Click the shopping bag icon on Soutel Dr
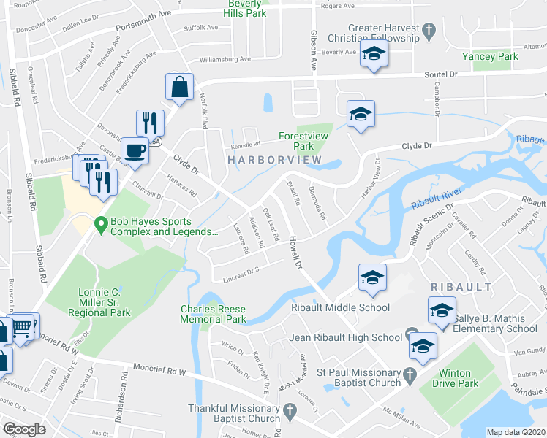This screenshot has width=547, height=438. pyautogui.click(x=179, y=88)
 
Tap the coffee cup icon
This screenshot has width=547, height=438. pyautogui.click(x=135, y=151)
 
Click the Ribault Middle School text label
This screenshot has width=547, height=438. pyautogui.click(x=340, y=307)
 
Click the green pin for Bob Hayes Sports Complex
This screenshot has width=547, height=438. pyautogui.click(x=100, y=227)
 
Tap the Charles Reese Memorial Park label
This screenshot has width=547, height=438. pyautogui.click(x=214, y=314)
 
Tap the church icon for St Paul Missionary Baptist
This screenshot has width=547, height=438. pyautogui.click(x=410, y=373)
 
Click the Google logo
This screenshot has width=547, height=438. pyautogui.click(x=25, y=429)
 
